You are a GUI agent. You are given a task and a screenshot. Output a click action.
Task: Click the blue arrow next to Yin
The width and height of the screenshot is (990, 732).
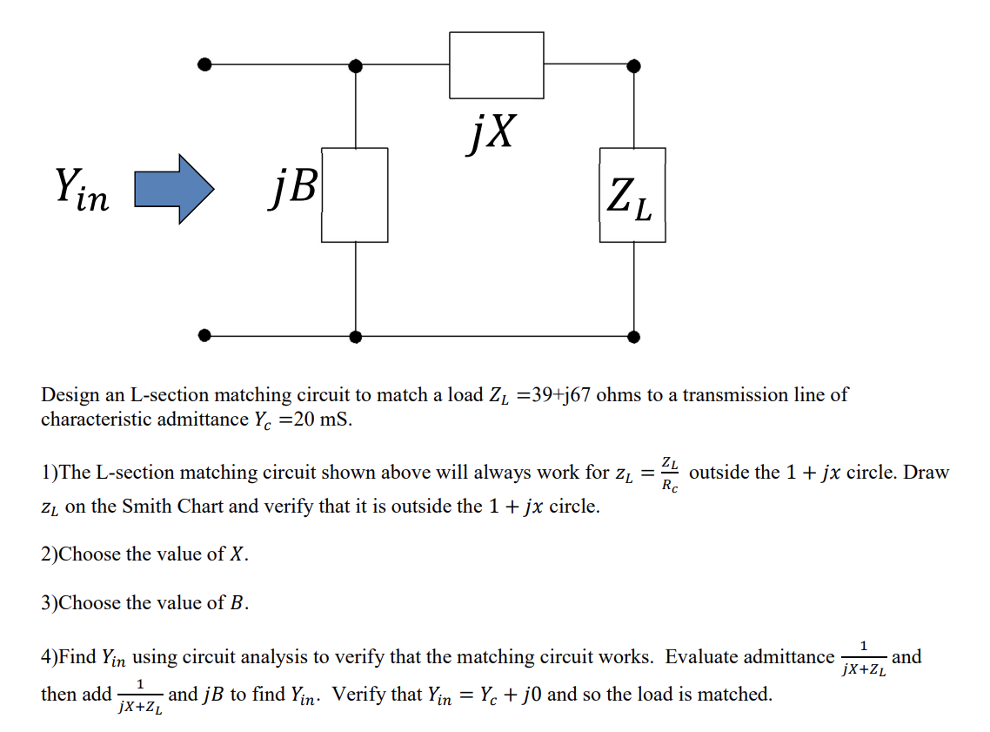173,190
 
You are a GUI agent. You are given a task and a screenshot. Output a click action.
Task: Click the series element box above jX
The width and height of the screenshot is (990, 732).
496,64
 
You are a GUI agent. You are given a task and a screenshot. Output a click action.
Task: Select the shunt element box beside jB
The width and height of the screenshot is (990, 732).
354,194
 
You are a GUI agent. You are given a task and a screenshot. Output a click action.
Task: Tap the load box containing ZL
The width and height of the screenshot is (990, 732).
632,194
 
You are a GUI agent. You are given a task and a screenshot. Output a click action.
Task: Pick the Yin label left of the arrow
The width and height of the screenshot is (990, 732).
82,190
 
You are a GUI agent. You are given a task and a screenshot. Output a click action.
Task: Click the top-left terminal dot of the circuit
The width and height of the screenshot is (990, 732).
204,64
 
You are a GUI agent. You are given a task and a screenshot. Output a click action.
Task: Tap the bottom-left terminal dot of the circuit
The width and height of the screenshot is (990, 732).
204,335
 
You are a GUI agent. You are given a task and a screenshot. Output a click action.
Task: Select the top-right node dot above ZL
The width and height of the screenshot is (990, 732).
633,65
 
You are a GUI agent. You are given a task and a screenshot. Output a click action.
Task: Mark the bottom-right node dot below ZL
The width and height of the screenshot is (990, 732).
633,336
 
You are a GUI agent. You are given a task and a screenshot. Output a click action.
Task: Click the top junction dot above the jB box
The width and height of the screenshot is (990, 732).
355,65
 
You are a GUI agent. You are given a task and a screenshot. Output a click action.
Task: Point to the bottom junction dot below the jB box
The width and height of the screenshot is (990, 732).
355,336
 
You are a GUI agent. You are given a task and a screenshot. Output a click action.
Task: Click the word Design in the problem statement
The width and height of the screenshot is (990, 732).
70,395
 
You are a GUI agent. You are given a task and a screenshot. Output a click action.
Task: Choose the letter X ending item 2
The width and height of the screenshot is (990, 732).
237,554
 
